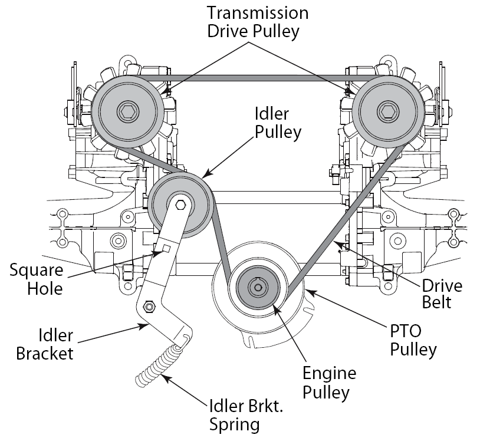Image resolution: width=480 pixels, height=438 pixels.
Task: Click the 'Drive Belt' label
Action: coord(441,294)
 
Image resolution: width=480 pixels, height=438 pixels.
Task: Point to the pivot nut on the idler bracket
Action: coord(149,307)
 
